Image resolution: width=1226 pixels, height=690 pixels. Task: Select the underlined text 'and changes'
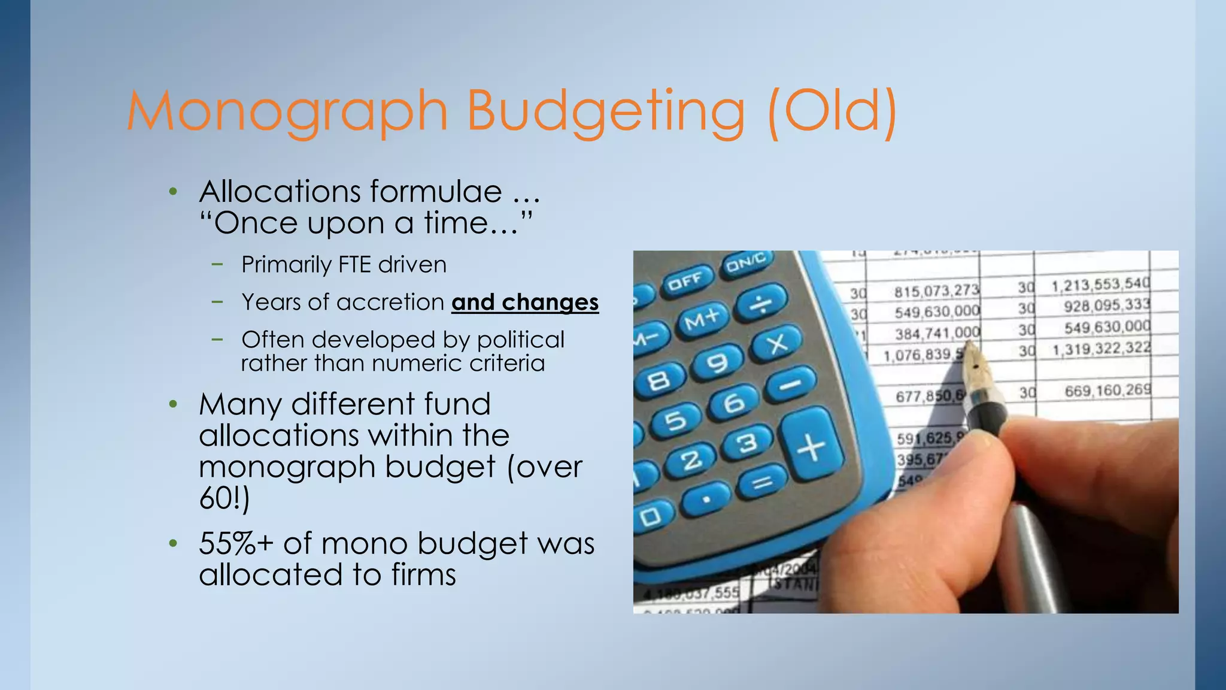pos(525,302)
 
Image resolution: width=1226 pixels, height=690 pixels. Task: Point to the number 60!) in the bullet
pos(224,498)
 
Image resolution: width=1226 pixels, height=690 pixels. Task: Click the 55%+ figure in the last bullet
pos(236,544)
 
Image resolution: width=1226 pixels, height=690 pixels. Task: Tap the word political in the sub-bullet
pos(520,340)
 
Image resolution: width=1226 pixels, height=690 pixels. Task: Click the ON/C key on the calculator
pos(746,262)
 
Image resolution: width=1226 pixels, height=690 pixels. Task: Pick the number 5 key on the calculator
pos(676,421)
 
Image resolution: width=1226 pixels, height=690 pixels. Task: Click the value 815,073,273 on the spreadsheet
pos(936,291)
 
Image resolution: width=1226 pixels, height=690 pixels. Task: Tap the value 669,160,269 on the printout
pos(1107,391)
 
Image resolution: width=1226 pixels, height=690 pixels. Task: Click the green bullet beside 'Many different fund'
pos(173,404)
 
